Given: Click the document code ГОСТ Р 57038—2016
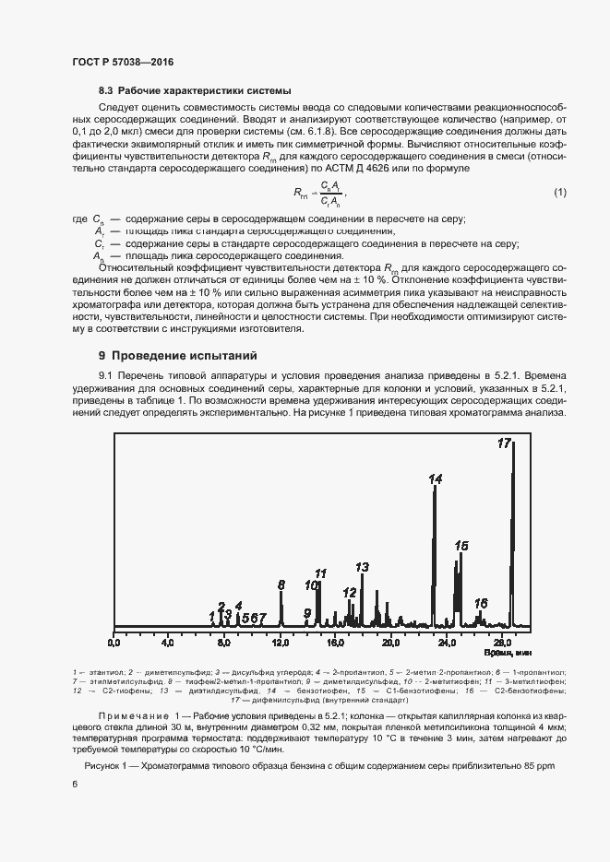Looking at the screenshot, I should pos(122,62).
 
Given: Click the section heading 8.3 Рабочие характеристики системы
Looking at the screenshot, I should pos(194,91).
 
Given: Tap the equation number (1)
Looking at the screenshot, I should pos(559,218).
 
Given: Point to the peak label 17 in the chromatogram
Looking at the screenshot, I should pos(504,443).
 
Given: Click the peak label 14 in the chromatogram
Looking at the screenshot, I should pos(436,478).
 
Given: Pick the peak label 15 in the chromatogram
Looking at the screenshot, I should pos(461,546).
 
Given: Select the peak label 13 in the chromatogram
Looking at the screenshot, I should pos(363,567).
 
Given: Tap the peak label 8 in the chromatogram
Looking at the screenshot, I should pos(281,585).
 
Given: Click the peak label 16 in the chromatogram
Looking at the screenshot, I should pos(481,603).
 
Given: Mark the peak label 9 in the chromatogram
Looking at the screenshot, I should pos(307,612).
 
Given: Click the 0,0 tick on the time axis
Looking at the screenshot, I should pos(114,642).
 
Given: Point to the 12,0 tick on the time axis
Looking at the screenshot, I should pos(281,642).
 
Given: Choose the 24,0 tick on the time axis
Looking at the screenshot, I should pos(447,642).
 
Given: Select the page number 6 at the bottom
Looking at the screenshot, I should pos(74,784).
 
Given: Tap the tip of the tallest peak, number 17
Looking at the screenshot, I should pos(513,442).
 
